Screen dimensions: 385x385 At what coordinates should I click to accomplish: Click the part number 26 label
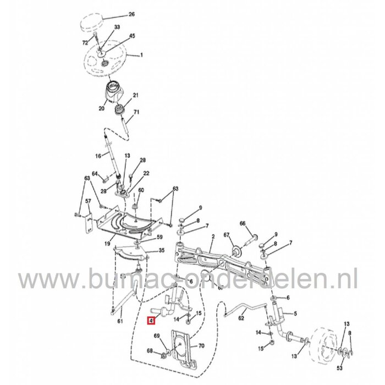(x=131, y=14)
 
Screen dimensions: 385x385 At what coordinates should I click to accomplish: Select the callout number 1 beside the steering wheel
(x=141, y=55)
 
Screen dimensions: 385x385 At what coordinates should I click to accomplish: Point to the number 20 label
(x=101, y=109)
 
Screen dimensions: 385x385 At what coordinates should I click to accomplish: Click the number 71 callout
(x=137, y=112)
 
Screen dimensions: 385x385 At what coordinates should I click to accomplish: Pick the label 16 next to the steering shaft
(x=97, y=156)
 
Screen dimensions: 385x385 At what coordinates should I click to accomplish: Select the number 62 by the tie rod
(x=240, y=318)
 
